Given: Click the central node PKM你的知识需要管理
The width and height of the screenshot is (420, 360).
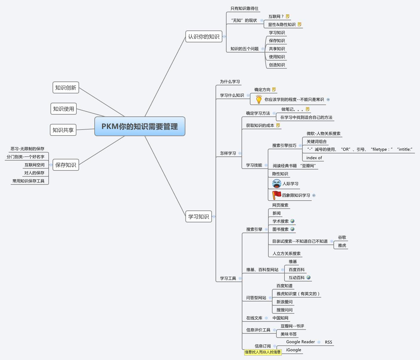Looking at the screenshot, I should pyautogui.click(x=140, y=126).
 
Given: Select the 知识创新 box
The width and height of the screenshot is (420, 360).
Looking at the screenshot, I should pyautogui.click(x=66, y=87).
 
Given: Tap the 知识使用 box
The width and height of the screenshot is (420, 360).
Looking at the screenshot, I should pyautogui.click(x=64, y=109).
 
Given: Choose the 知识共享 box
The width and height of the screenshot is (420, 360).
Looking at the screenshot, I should pyautogui.click(x=63, y=130).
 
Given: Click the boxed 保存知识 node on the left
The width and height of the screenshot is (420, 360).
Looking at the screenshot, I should pyautogui.click(x=66, y=165).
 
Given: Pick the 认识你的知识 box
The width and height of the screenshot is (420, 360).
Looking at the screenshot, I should pyautogui.click(x=204, y=36).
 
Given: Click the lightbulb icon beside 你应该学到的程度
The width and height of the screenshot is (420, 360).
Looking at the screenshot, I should pyautogui.click(x=259, y=99).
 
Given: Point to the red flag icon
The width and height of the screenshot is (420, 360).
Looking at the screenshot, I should pyautogui.click(x=276, y=195).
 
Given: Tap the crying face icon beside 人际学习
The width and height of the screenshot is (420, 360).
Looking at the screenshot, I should pyautogui.click(x=277, y=184).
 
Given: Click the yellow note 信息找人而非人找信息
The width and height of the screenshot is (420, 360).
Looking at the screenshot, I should pyautogui.click(x=263, y=352).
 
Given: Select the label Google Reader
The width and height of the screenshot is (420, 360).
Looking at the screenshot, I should pyautogui.click(x=300, y=342).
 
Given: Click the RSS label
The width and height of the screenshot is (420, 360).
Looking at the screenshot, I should pyautogui.click(x=328, y=342).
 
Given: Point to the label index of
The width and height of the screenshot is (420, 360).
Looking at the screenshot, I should pyautogui.click(x=314, y=158).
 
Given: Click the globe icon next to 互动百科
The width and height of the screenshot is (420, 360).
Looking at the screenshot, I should pyautogui.click(x=309, y=277).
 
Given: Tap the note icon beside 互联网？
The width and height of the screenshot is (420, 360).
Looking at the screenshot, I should pyautogui.click(x=287, y=16).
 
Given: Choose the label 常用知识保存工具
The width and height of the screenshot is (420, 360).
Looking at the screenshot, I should pyautogui.click(x=28, y=181).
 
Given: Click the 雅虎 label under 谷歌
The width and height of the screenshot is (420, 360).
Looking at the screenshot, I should pyautogui.click(x=342, y=245).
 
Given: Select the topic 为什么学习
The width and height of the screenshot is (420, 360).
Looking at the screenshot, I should pyautogui.click(x=230, y=81).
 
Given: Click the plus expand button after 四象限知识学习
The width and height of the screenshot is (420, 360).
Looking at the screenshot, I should pyautogui.click(x=314, y=195).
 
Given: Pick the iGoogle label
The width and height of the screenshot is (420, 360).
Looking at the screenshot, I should pyautogui.click(x=293, y=350).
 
